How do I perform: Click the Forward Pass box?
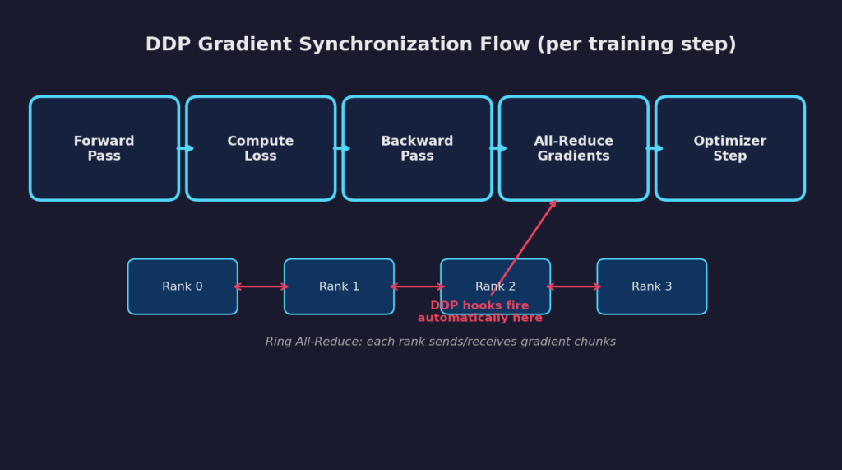coord(104,148)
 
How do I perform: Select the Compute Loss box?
coord(261,148)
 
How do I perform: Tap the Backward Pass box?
coord(417,148)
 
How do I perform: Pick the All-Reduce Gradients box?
coord(573,148)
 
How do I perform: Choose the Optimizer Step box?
coord(729,148)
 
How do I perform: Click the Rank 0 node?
coord(183,286)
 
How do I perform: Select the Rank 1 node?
coord(339,286)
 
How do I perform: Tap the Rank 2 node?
coord(495,280)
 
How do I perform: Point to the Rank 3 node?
coord(651,286)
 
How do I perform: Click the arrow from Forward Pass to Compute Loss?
coord(185,148)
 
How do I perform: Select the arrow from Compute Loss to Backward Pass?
coord(341,148)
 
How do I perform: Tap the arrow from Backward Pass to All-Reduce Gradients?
coord(497,148)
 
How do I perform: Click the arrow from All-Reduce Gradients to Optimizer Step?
coord(655,148)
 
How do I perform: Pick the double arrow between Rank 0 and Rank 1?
coord(261,286)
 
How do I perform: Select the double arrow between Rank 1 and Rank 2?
coord(417,286)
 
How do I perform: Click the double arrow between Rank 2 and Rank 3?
coord(573,286)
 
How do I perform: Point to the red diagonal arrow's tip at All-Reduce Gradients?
coord(556,202)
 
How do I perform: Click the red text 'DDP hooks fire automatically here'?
coord(479,312)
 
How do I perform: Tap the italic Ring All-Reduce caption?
coord(440,342)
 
